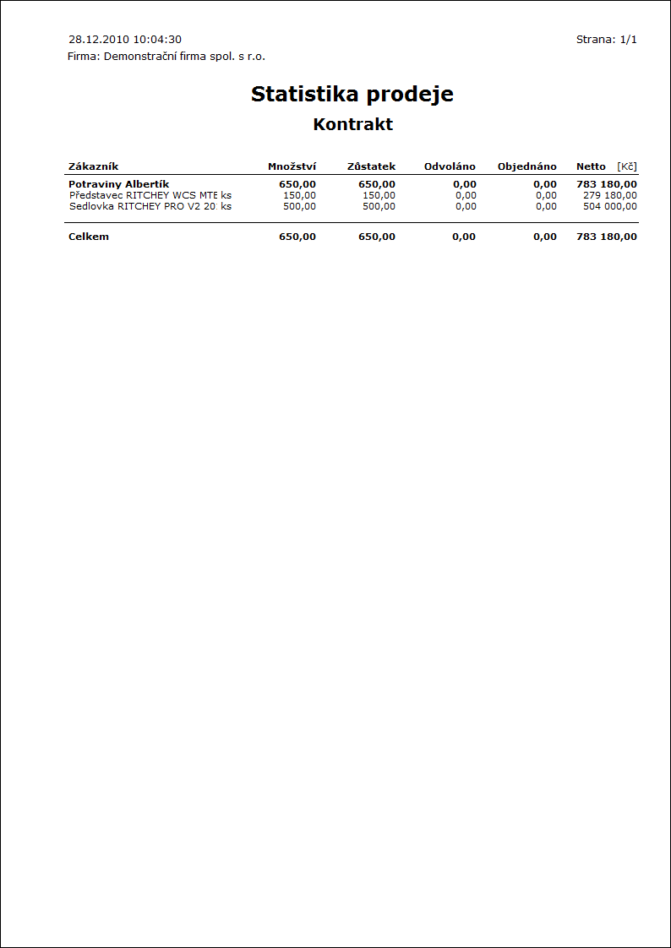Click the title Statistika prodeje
point(352,95)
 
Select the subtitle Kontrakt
point(352,124)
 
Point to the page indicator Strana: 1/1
point(606,40)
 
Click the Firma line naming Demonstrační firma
point(166,57)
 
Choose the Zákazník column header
point(93,166)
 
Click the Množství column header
point(292,166)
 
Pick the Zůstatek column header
point(371,166)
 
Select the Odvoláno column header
point(450,166)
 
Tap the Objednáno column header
point(526,166)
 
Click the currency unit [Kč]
point(626,166)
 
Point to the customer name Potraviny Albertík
point(118,184)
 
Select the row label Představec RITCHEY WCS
point(140,195)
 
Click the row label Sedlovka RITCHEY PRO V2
point(140,206)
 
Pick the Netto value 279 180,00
point(610,195)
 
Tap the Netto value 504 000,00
point(610,206)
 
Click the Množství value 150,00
point(299,195)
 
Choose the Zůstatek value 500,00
point(379,206)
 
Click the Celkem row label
point(89,237)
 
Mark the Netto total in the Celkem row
point(607,237)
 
